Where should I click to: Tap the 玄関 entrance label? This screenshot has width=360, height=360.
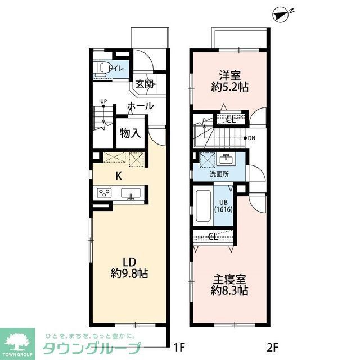coord(145,84)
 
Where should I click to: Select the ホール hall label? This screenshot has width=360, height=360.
coord(140,105)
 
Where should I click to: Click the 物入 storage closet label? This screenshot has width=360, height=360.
coord(129,133)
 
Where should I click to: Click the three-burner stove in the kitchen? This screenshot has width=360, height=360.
coord(103,193)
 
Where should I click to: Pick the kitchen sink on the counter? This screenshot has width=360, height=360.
coord(131,194)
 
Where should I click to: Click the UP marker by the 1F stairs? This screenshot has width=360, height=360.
coord(103,101)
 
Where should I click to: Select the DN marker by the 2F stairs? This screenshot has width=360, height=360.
coord(252,138)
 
